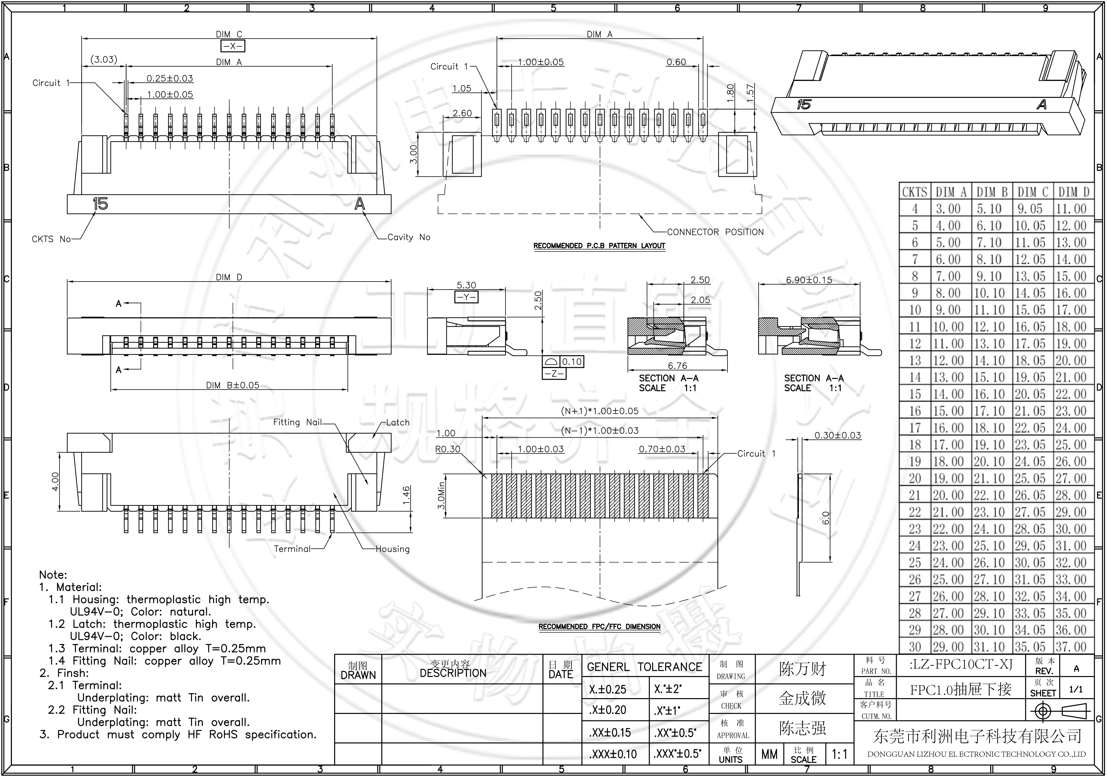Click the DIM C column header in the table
[1033, 192]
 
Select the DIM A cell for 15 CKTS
[948, 394]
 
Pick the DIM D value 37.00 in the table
[1071, 647]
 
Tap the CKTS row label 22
[915, 512]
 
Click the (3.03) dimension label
[104, 59]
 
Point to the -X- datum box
[233, 46]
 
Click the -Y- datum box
[466, 297]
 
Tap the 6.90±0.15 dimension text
[809, 280]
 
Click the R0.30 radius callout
[448, 449]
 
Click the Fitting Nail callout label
[297, 422]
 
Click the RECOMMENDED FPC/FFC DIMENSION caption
[599, 626]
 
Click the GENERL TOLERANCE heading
[644, 667]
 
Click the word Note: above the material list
[53, 575]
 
